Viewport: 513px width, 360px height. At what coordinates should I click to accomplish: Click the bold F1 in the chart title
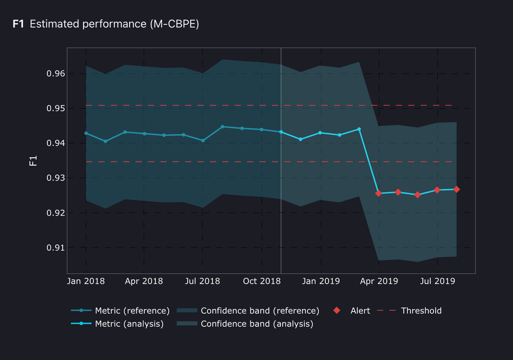(x=18, y=24)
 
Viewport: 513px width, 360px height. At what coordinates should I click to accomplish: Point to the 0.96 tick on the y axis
(x=56, y=74)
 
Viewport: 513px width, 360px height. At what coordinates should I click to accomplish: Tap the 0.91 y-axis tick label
(x=56, y=247)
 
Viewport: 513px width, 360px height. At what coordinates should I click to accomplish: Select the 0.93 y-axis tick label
(x=56, y=178)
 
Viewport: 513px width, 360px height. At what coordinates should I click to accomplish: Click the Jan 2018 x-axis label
(x=86, y=281)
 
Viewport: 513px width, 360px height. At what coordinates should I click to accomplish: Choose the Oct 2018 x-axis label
(x=263, y=281)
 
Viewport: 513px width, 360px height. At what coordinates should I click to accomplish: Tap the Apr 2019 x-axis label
(x=379, y=281)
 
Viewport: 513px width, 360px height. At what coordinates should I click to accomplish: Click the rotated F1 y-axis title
(x=33, y=160)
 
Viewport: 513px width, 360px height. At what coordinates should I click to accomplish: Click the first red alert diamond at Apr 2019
(x=379, y=193)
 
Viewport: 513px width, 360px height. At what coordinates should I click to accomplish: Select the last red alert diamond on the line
(x=456, y=189)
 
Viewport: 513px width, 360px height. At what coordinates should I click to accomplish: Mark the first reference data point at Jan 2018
(x=86, y=133)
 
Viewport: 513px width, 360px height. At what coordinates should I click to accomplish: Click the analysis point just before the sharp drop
(x=359, y=129)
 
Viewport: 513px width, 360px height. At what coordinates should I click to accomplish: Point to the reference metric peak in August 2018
(x=222, y=127)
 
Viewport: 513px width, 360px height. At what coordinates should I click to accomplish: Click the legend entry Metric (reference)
(x=132, y=311)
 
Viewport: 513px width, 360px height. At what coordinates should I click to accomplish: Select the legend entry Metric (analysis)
(x=129, y=324)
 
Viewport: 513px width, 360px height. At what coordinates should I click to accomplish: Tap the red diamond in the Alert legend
(x=337, y=311)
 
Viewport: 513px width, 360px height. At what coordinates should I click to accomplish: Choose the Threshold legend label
(x=421, y=311)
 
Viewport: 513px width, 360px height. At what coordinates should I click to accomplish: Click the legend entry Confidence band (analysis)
(x=256, y=324)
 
